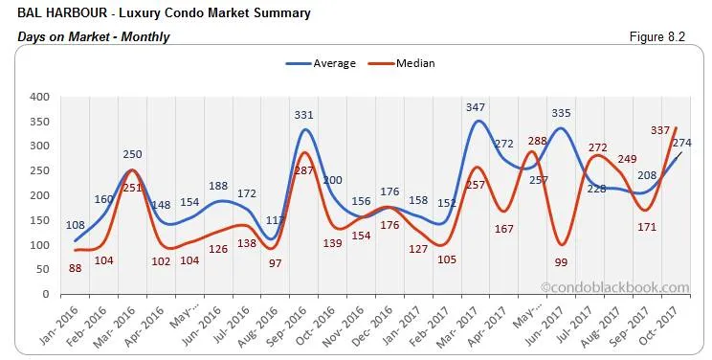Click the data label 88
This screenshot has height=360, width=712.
(76, 268)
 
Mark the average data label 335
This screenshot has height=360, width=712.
(562, 115)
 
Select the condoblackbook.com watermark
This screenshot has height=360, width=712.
(614, 286)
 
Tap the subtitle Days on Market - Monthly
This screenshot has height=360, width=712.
(93, 36)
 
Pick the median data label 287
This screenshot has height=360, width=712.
(303, 169)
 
